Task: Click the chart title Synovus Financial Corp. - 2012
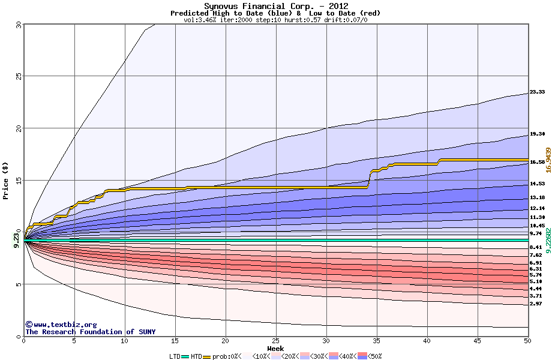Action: (x=275, y=6)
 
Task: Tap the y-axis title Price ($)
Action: (x=6, y=180)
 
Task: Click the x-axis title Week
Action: (x=275, y=348)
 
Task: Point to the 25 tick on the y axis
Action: (x=18, y=76)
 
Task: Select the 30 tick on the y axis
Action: (x=18, y=25)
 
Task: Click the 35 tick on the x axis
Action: (x=376, y=341)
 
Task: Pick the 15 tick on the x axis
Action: (x=175, y=341)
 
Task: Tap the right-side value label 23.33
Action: (x=537, y=92)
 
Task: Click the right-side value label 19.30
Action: (x=537, y=134)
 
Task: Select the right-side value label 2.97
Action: (x=536, y=304)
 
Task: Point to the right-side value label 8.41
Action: (x=536, y=247)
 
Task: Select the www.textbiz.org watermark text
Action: (x=61, y=325)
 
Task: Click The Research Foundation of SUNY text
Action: (x=90, y=332)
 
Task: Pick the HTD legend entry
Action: (x=196, y=356)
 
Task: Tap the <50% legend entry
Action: (x=373, y=356)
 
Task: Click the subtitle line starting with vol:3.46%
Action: (x=275, y=20)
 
